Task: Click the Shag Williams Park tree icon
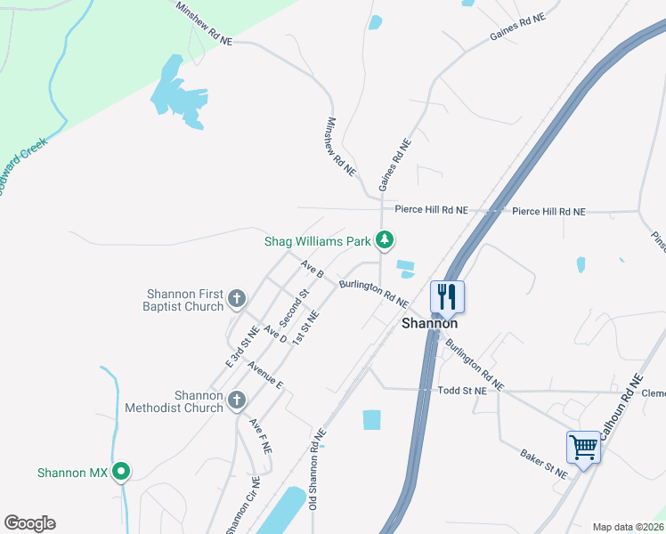tap(385, 240)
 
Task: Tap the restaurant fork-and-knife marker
tap(446, 295)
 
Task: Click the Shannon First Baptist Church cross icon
tap(237, 299)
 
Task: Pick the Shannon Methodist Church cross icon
tap(237, 400)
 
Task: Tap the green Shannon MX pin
tap(122, 473)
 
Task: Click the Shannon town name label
tap(429, 324)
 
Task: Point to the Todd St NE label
tap(462, 391)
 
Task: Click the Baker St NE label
tap(543, 464)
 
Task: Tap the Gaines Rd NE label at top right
tap(516, 28)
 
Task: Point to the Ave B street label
tap(312, 268)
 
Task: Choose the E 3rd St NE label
tap(241, 347)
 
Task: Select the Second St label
tap(293, 306)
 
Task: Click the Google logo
tap(29, 523)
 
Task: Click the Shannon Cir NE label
tap(243, 506)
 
